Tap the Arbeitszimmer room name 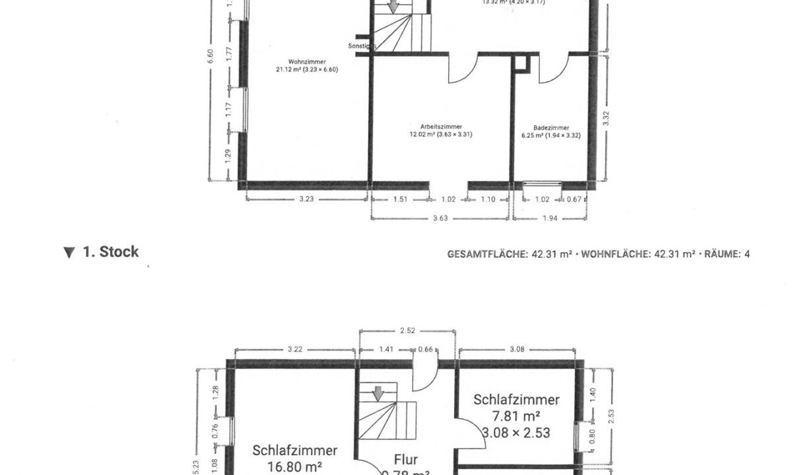(x=441, y=126)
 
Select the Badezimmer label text (x=551, y=128)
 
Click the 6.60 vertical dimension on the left (x=211, y=57)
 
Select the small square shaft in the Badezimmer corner (x=521, y=64)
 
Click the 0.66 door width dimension (x=426, y=350)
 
